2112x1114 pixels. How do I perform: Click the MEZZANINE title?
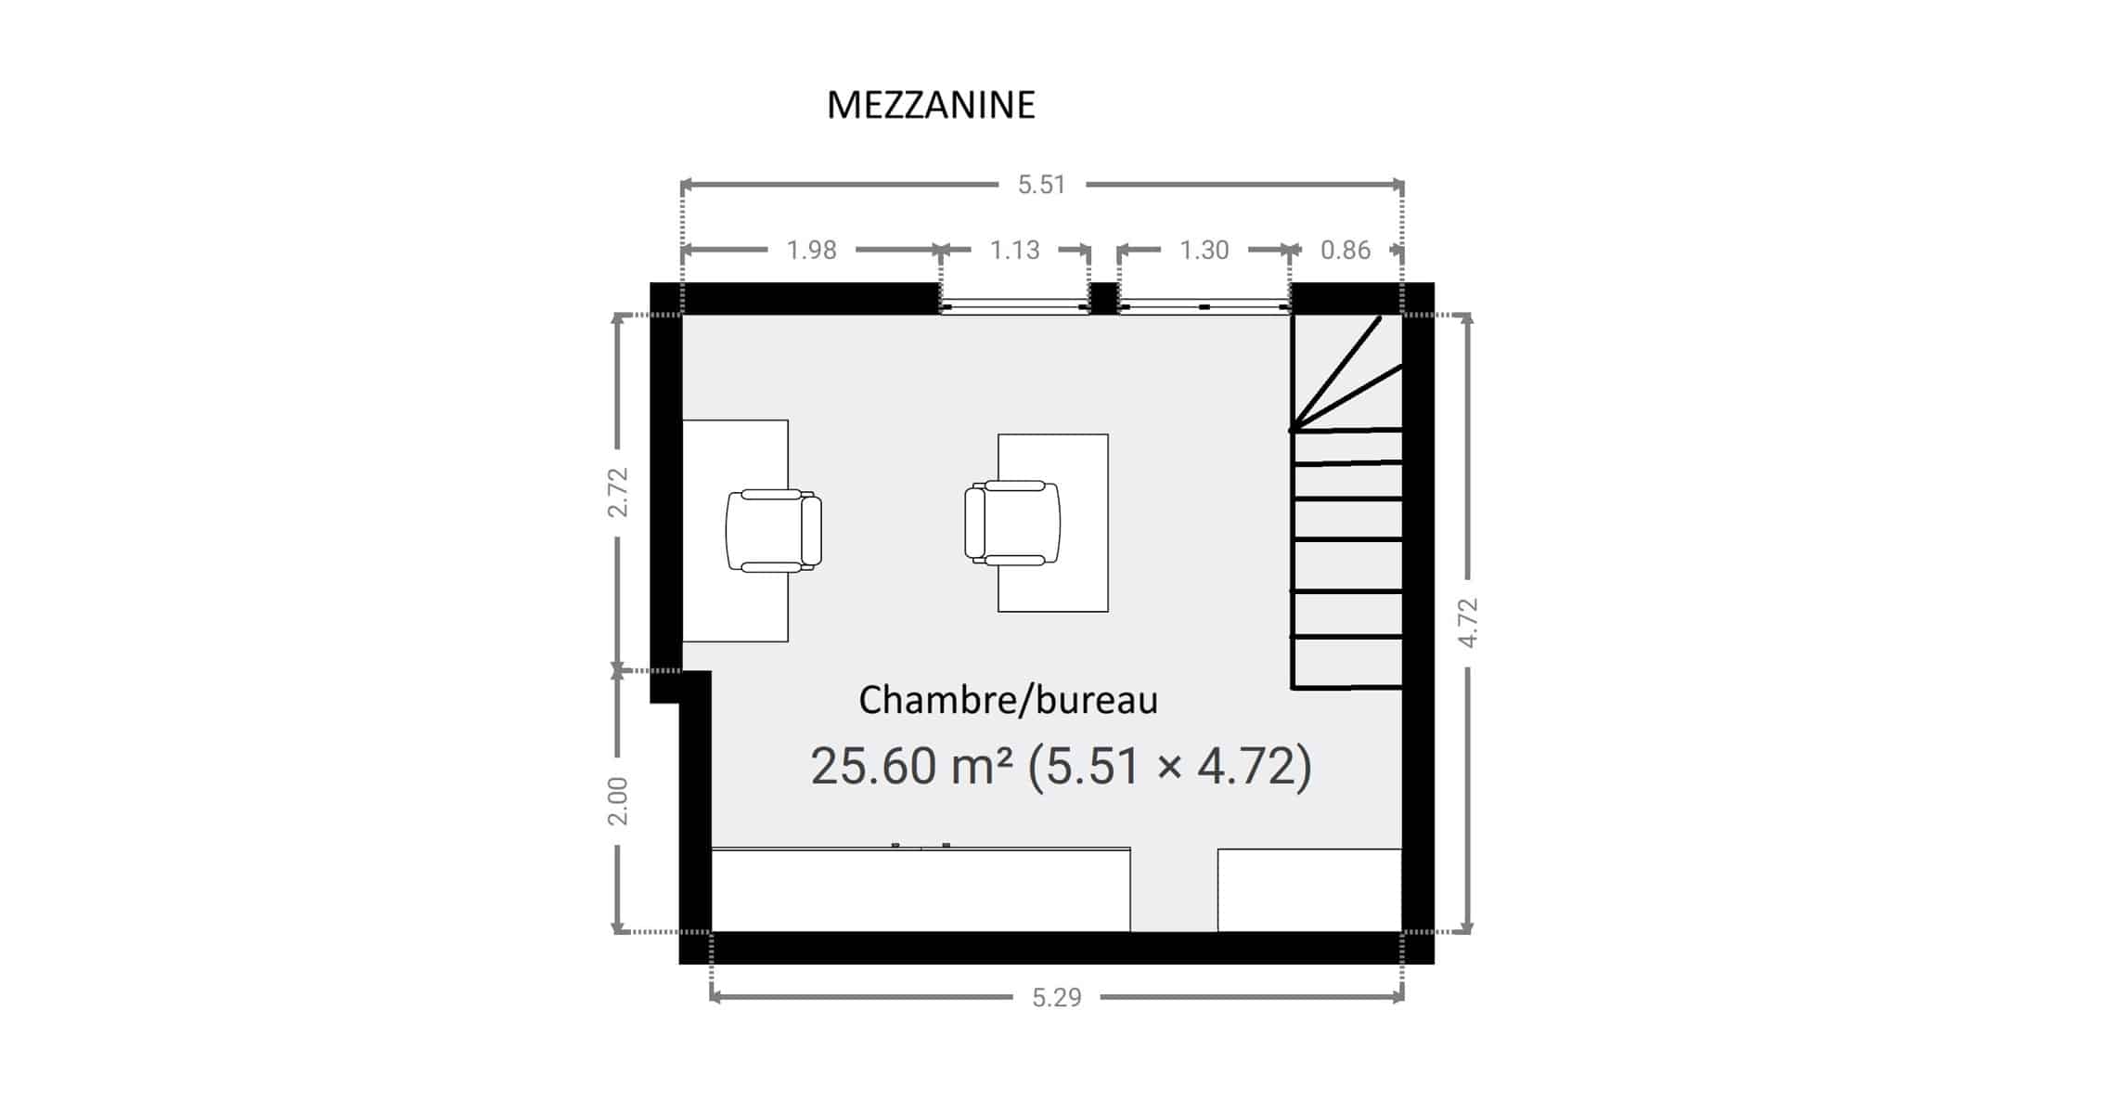click(x=931, y=106)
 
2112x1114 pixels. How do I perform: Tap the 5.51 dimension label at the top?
click(x=1041, y=185)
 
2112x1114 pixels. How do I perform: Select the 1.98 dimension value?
click(x=811, y=250)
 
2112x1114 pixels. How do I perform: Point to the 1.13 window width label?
click(x=1014, y=250)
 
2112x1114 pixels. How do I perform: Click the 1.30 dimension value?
click(x=1204, y=250)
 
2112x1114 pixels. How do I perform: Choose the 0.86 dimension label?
click(x=1346, y=250)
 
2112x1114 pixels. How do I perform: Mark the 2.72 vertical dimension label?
click(x=618, y=492)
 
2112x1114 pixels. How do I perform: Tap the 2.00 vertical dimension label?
click(x=618, y=801)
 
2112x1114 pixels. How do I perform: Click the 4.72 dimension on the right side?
click(x=1467, y=622)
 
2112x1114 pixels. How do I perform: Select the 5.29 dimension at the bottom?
click(x=1057, y=998)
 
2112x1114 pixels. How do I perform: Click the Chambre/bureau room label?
click(x=1008, y=700)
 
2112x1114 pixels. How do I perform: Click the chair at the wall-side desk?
click(x=773, y=530)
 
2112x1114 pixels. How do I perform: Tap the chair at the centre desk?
click(x=1012, y=522)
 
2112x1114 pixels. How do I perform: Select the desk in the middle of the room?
click(x=1053, y=523)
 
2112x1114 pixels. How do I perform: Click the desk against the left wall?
click(x=735, y=530)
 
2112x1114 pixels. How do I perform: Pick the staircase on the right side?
click(x=1346, y=502)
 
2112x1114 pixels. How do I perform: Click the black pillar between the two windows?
click(x=1102, y=299)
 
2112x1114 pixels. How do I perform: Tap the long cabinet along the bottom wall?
click(x=921, y=889)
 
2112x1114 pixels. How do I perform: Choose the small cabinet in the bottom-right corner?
click(x=1309, y=890)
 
